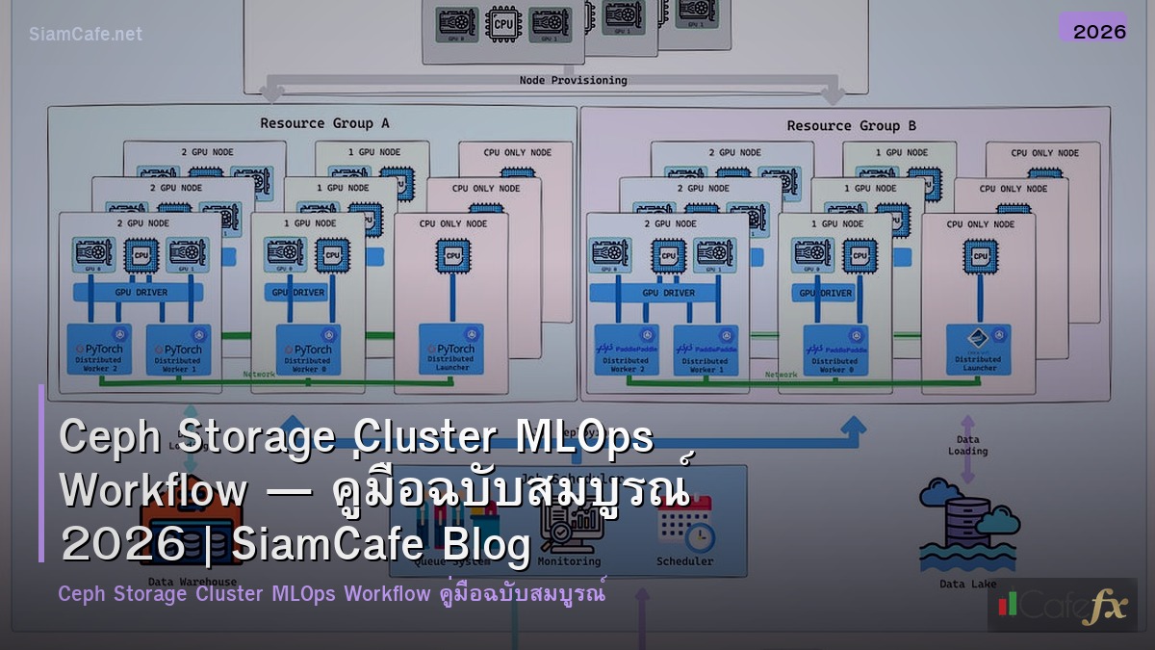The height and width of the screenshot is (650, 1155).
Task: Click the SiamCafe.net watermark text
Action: [x=86, y=34]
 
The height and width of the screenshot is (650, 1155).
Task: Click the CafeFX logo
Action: [x=1062, y=606]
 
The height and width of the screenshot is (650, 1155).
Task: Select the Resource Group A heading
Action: [x=311, y=123]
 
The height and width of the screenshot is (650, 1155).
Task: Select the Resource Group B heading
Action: [x=837, y=125]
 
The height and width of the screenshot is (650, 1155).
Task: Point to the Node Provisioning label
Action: [x=573, y=80]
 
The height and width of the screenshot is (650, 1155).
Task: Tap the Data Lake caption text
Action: [x=967, y=584]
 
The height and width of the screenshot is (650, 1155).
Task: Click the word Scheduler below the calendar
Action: [x=684, y=561]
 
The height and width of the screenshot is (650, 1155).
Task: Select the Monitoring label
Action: [x=569, y=561]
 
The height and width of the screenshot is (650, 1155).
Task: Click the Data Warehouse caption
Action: [x=192, y=582]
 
